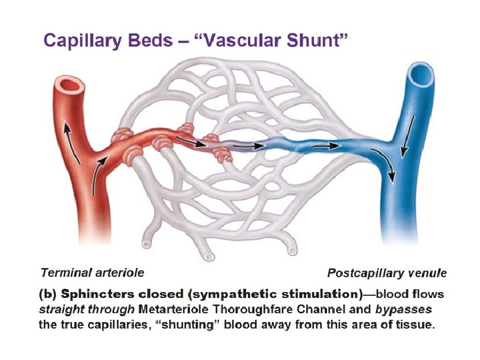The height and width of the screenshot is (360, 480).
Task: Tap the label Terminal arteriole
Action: [92, 272]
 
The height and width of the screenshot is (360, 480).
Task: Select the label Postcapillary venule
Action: [387, 273]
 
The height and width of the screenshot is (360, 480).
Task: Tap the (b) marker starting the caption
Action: [49, 294]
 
